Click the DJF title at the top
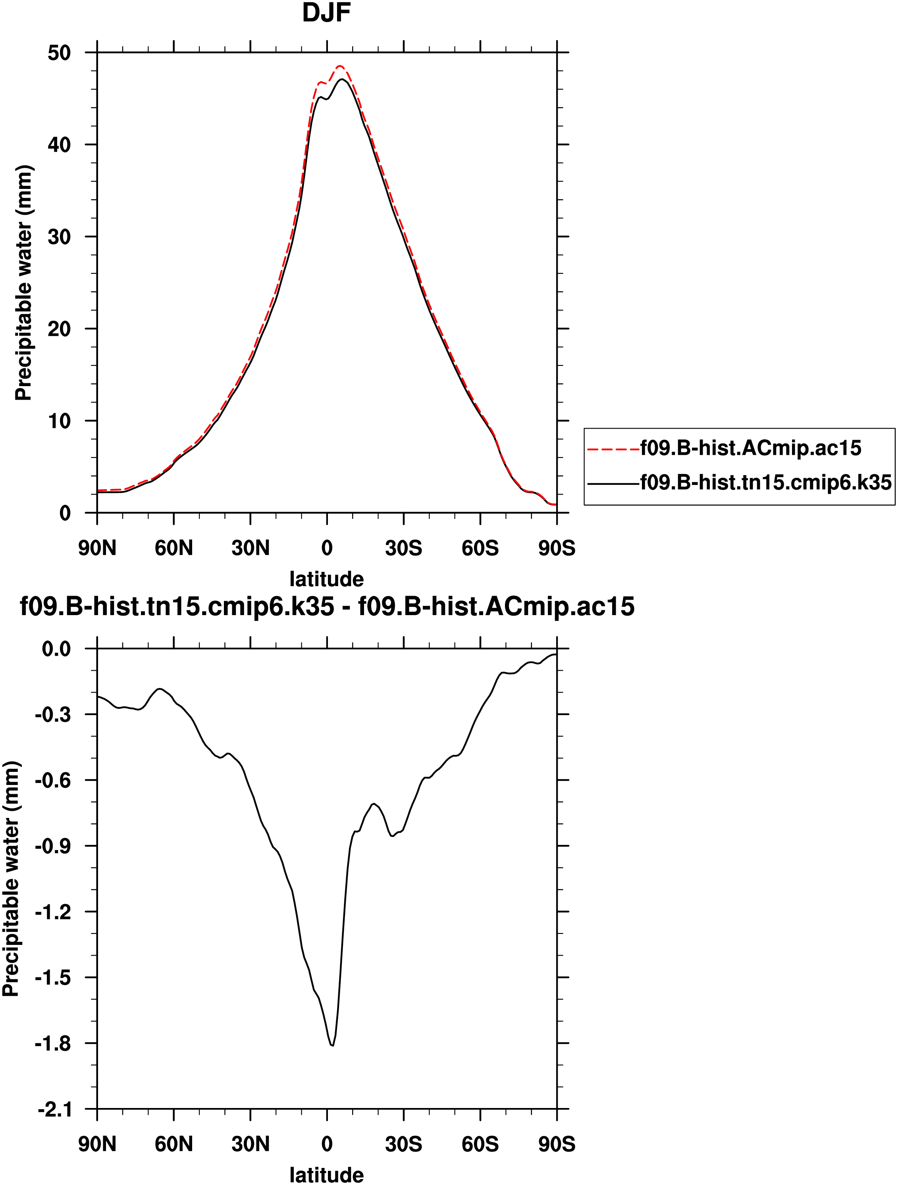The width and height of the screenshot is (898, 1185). [x=326, y=13]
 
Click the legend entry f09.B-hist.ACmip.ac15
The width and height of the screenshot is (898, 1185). [x=750, y=448]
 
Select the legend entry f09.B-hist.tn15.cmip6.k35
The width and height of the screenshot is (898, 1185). [x=765, y=483]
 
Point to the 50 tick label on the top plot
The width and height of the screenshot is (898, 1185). [x=59, y=53]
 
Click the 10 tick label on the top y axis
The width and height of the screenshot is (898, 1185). [x=59, y=421]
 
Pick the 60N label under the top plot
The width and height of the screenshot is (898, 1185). [x=173, y=548]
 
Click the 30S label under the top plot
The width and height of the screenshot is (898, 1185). [x=403, y=548]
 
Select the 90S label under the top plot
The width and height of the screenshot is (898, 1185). [x=557, y=548]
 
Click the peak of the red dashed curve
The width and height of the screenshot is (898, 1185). [x=340, y=66]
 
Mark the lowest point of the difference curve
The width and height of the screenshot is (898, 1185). [x=333, y=1045]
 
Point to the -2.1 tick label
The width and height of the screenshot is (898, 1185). [x=54, y=1109]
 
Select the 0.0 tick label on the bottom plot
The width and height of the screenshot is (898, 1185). [x=56, y=649]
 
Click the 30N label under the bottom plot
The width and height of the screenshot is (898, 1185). [x=250, y=1144]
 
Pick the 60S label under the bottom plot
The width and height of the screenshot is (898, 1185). [x=480, y=1144]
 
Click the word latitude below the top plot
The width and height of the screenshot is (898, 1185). [x=326, y=579]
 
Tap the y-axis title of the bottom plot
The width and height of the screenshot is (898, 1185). [x=11, y=879]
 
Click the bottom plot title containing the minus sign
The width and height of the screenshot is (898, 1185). [x=327, y=607]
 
